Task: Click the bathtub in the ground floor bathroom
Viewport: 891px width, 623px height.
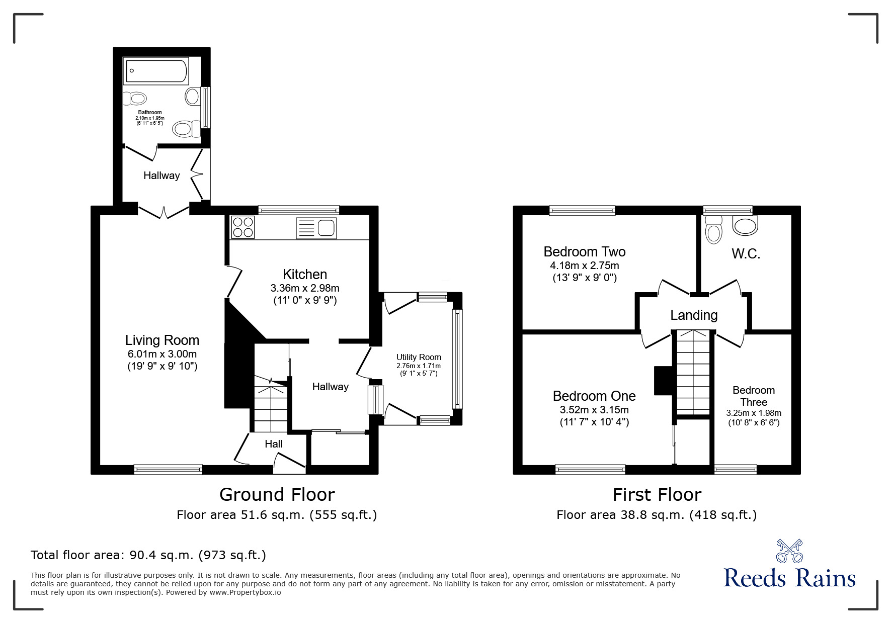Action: (156, 72)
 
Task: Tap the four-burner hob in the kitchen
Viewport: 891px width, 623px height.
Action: (242, 227)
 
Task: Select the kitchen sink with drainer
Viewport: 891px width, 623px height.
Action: (316, 228)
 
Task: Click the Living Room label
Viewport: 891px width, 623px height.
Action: (162, 340)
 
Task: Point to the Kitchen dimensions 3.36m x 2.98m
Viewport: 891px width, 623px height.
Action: (305, 288)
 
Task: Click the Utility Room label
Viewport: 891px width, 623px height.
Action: (419, 357)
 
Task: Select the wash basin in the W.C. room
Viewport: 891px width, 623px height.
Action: (745, 225)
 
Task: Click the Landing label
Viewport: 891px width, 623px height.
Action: (694, 315)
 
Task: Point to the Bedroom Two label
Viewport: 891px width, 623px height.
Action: (584, 251)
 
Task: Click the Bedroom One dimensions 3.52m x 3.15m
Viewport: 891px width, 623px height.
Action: (594, 410)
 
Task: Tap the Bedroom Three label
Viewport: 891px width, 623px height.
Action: (753, 396)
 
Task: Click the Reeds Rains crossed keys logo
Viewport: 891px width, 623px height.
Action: (789, 551)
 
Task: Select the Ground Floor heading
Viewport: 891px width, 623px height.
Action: (277, 495)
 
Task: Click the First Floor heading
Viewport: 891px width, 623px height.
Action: (657, 495)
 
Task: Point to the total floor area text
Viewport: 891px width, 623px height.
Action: (148, 555)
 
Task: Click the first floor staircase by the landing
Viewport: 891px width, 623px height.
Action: (694, 372)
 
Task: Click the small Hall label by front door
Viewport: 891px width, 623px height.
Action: (274, 444)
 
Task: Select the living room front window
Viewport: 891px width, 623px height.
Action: (168, 469)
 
